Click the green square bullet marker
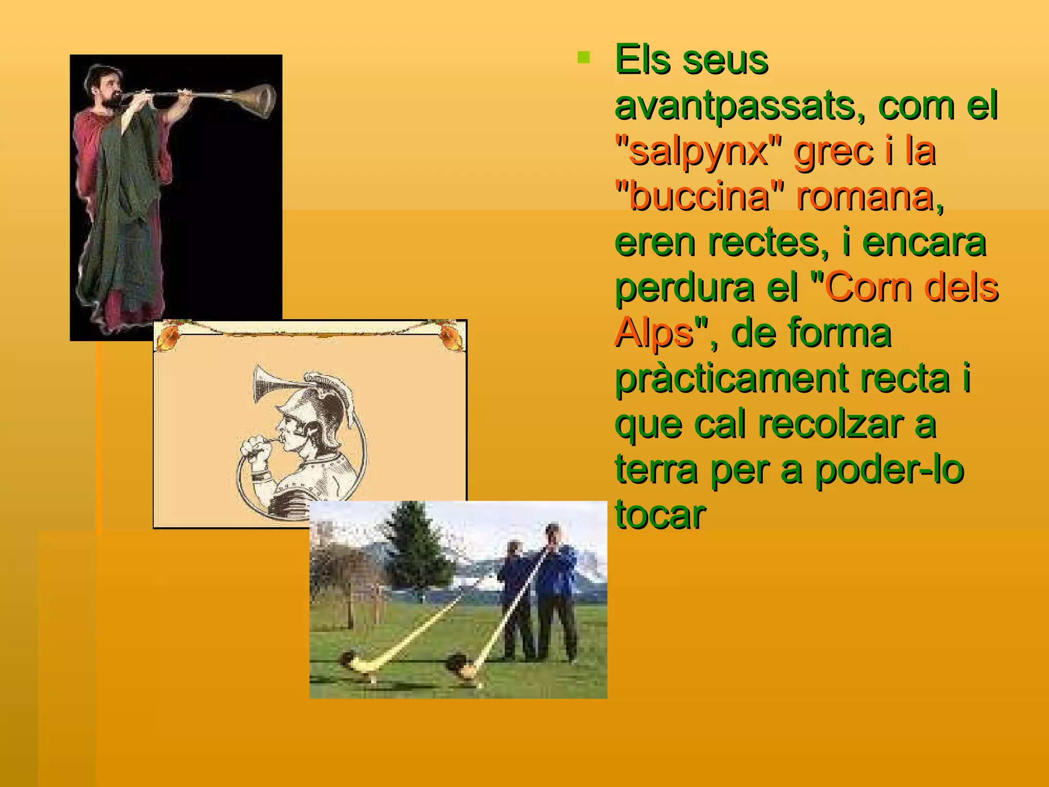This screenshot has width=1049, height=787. point(583,57)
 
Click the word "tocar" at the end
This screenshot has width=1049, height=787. point(660,514)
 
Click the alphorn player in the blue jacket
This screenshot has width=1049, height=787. point(556,589)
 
